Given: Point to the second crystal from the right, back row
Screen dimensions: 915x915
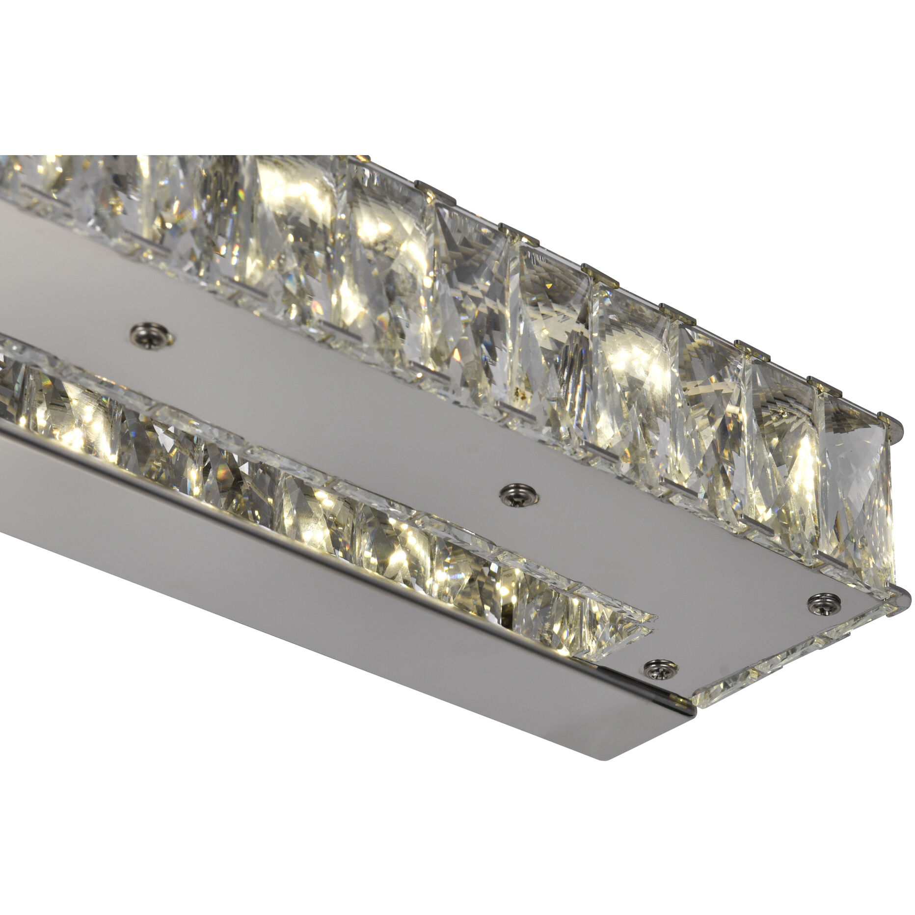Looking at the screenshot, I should [x=780, y=457].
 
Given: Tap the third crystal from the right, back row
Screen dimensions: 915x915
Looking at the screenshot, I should [x=707, y=417].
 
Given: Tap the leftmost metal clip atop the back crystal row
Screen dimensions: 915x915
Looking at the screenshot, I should [x=426, y=187].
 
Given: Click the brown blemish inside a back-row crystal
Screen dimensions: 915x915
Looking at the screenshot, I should [x=518, y=393].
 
